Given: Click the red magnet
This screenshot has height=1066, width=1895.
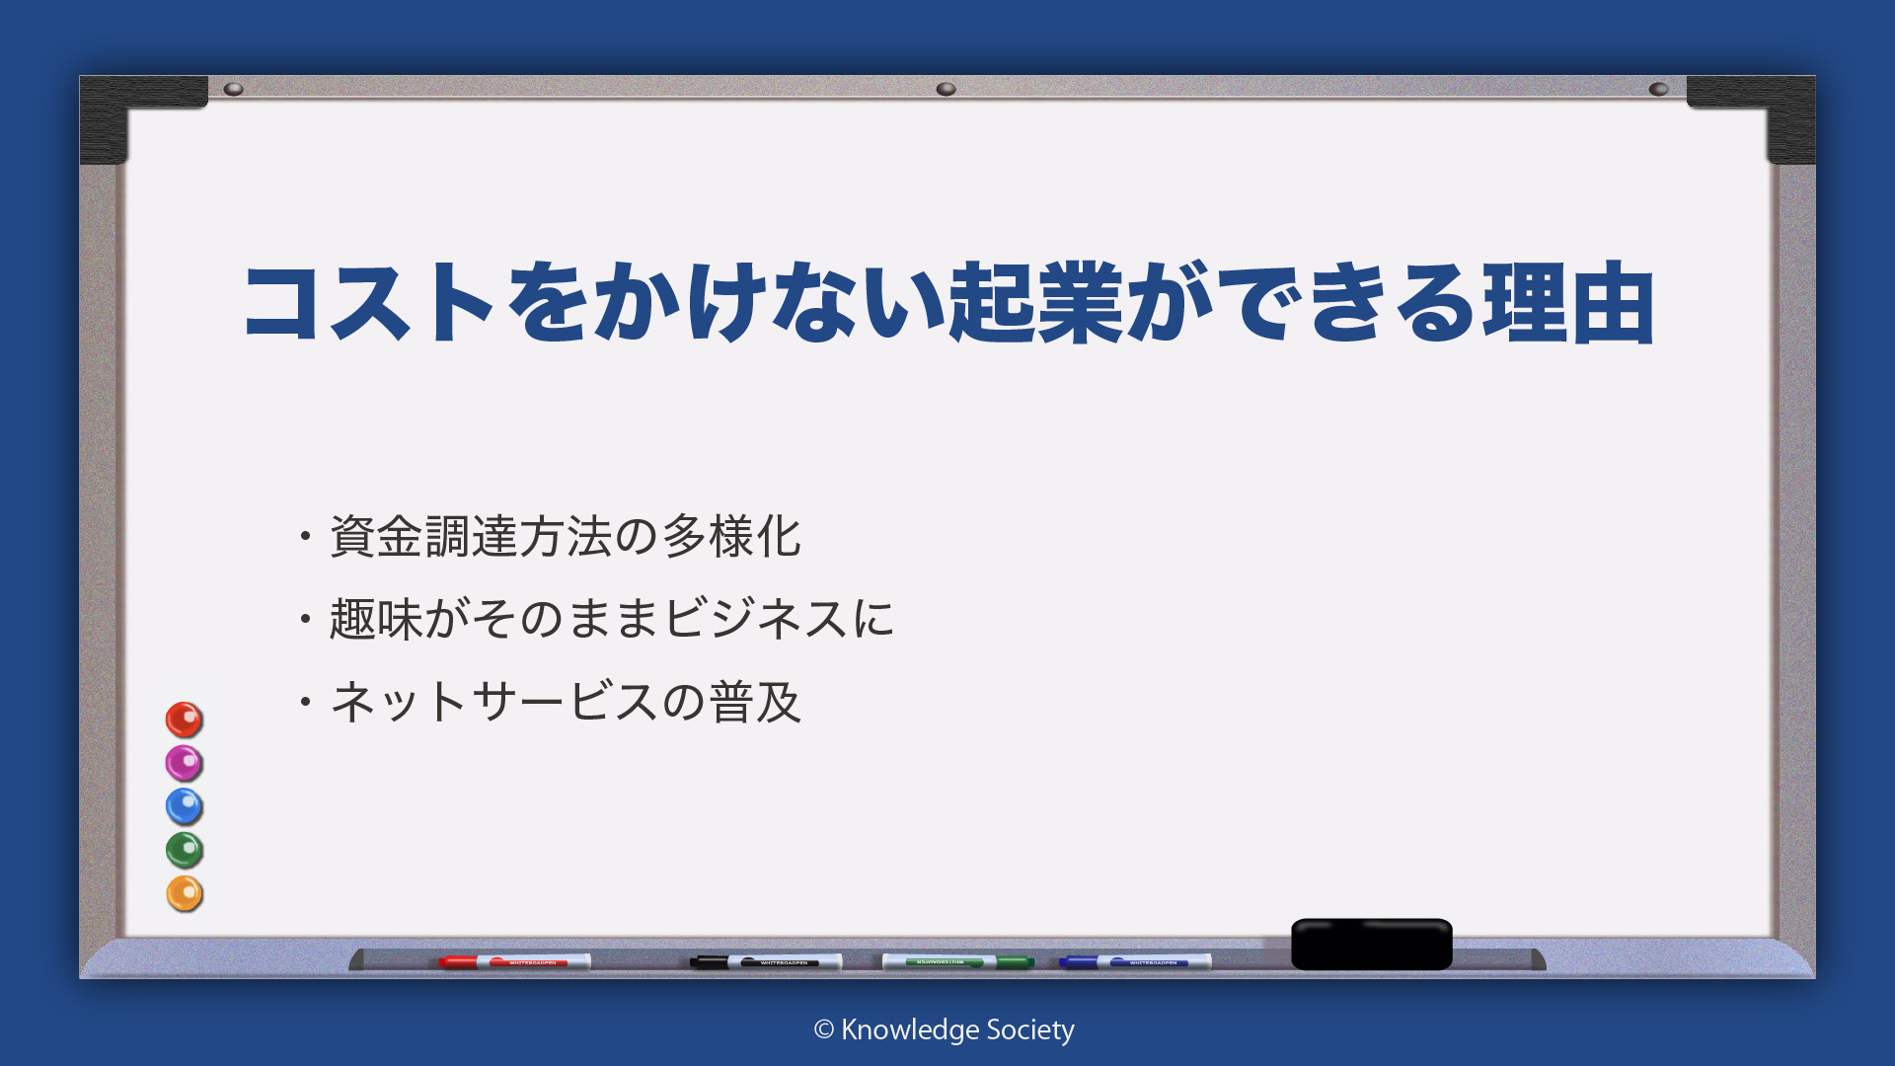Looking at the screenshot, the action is coord(184,720).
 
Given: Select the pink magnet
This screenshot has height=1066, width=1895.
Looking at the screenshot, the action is coord(184,763).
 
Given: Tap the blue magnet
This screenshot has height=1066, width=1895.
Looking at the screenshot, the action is coord(184,806).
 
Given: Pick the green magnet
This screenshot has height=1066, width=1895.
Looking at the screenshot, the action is coord(184,850).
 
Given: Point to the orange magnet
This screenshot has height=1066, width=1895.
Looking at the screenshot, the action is coord(184,893).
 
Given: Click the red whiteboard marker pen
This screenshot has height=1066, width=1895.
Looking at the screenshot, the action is coord(514,961).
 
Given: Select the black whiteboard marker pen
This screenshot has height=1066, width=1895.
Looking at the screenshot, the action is coord(766,961).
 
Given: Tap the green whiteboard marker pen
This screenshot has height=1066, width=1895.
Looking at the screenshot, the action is coord(957,961).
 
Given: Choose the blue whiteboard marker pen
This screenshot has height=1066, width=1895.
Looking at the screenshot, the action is coord(1135,961).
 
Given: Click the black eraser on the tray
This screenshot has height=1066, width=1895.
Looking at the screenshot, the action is coord(1372,944).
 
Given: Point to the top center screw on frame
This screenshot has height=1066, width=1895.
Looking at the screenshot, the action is coord(946,89).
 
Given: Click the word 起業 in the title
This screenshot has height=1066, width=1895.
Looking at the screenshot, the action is coord(1035,302).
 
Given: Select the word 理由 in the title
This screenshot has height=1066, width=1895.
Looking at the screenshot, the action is coord(1568,302).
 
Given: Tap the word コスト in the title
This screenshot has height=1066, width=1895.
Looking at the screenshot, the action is coord(369,302).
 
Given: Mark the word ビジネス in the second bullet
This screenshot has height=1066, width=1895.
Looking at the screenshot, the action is coord(756,619).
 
